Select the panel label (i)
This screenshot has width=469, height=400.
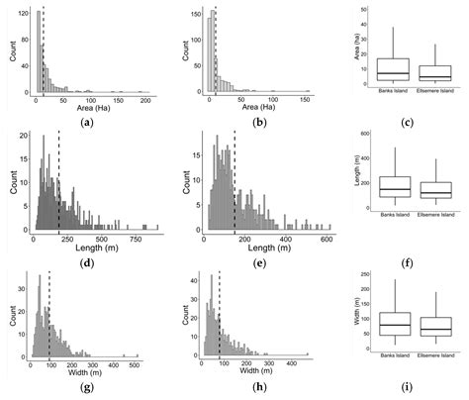408,390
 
